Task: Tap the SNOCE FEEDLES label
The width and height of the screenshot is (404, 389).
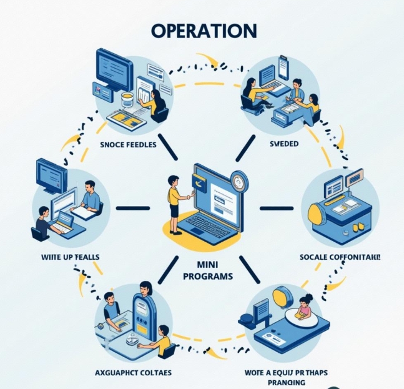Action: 129,144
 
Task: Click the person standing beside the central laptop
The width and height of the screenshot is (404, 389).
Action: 175,204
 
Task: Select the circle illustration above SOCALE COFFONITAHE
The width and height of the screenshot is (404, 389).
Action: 341,203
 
